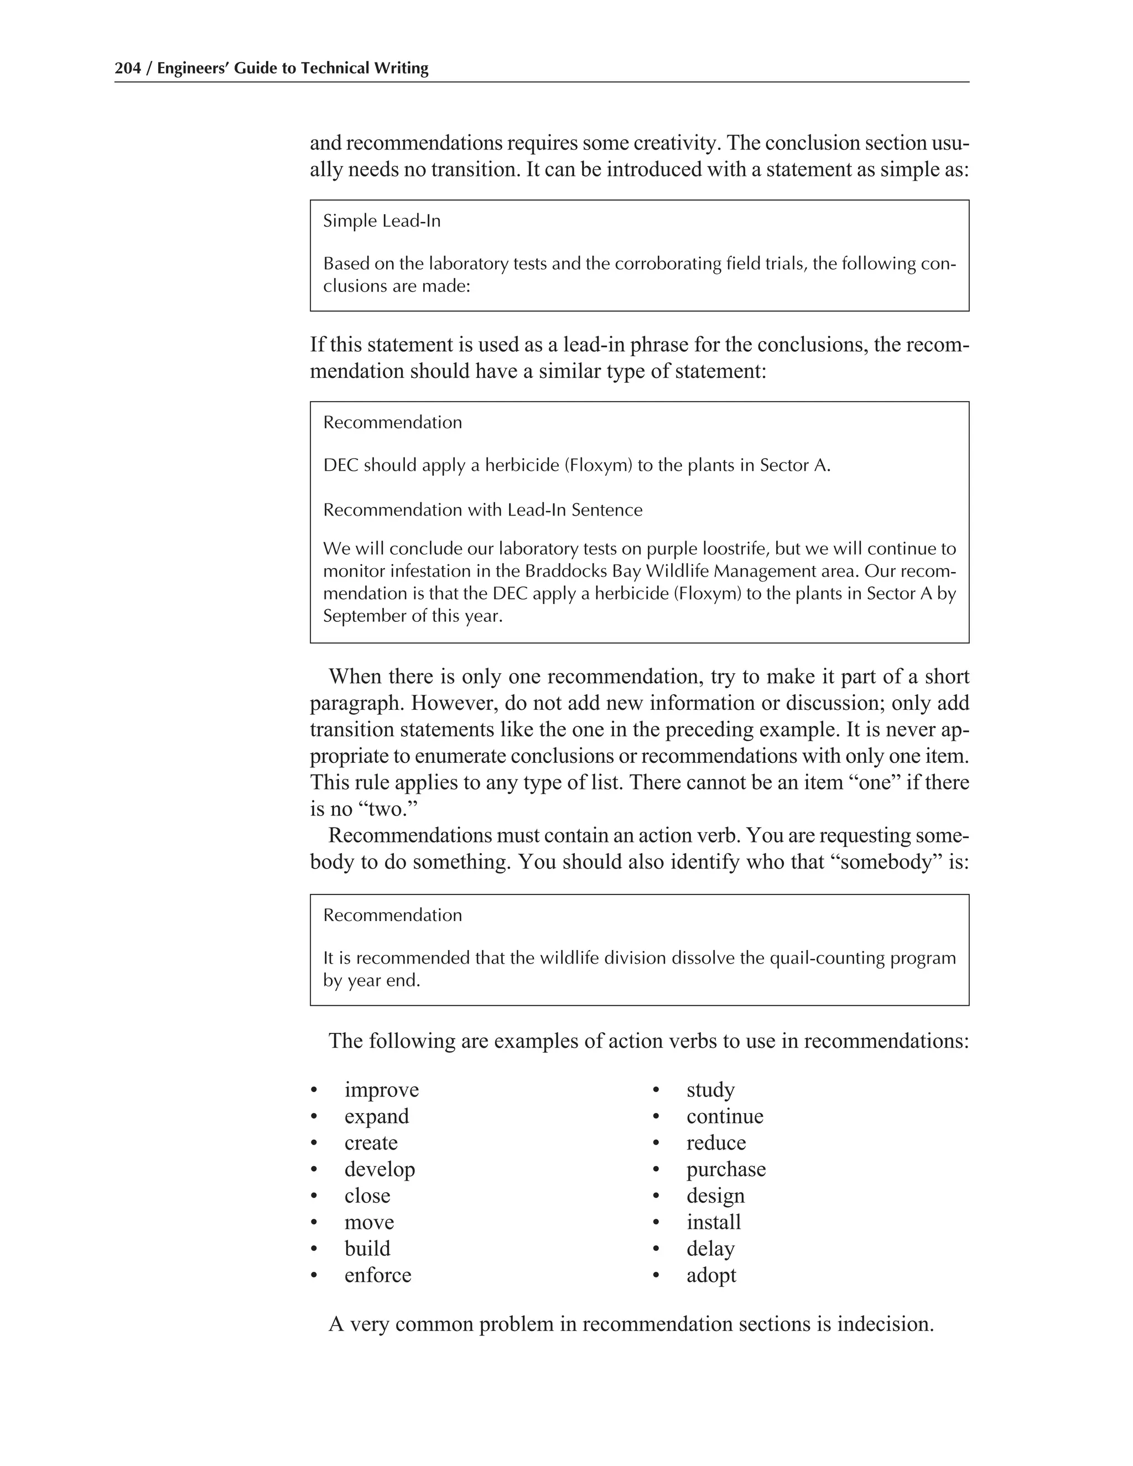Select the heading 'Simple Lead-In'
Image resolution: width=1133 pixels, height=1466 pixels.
coord(381,221)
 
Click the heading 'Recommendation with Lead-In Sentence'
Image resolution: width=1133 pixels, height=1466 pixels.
coord(482,510)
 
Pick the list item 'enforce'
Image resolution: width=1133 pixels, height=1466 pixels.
coord(377,1275)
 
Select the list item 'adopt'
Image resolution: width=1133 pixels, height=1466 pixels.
coord(711,1275)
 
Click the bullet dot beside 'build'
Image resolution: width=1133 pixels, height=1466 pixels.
coord(314,1249)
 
